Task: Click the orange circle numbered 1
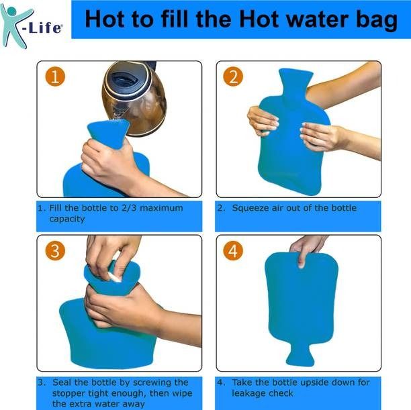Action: click(x=55, y=76)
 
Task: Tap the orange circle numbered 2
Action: click(x=233, y=76)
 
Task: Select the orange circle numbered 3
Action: click(x=55, y=251)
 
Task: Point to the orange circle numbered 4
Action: click(x=233, y=251)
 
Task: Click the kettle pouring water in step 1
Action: click(x=135, y=98)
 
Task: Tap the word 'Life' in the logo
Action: click(x=46, y=28)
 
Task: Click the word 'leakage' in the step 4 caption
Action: click(x=248, y=393)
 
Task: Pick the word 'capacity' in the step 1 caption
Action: click(x=67, y=219)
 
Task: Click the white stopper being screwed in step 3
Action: click(x=114, y=277)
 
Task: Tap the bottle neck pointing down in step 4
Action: click(x=300, y=354)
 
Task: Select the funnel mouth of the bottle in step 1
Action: click(x=109, y=132)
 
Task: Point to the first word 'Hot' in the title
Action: click(x=105, y=19)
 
